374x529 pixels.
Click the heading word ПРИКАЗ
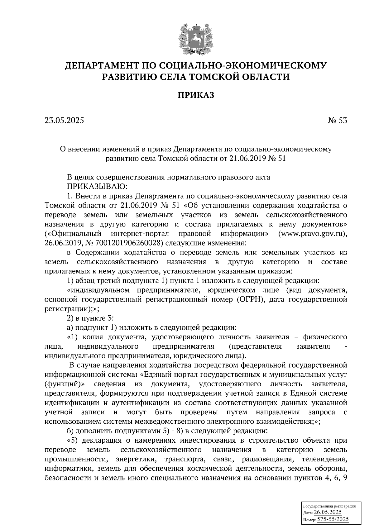pos(196,95)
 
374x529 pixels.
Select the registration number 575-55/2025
pos(333,520)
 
